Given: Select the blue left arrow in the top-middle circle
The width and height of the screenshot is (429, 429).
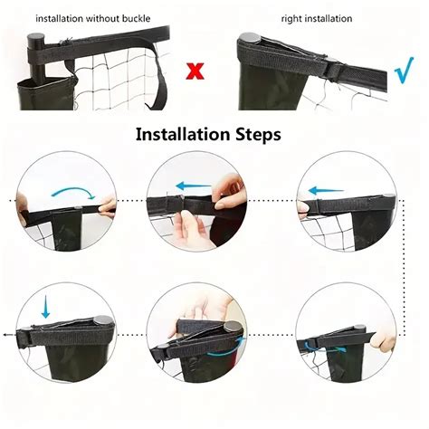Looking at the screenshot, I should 193,186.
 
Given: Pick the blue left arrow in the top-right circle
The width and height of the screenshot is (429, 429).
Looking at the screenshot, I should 327,191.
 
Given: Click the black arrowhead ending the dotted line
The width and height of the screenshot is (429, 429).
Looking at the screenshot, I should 5,334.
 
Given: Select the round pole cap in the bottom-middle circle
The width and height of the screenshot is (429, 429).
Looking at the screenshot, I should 235,327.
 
